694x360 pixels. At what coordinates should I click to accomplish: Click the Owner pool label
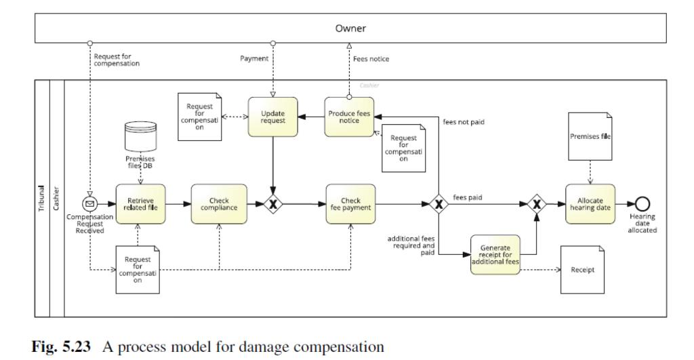coord(350,28)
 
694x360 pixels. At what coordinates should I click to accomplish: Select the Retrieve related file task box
coord(141,204)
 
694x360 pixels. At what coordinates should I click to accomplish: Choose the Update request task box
coord(272,117)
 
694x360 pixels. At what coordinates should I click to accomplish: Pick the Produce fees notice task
coord(349,117)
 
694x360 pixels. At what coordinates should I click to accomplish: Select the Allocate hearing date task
coord(590,204)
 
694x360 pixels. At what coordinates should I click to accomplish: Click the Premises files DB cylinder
coord(141,138)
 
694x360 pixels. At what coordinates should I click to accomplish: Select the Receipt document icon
coord(582,270)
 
